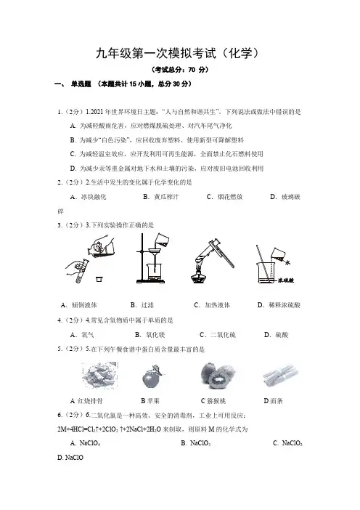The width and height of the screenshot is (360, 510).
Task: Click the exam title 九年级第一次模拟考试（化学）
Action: [177, 53]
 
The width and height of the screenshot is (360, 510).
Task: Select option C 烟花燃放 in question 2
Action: [224, 197]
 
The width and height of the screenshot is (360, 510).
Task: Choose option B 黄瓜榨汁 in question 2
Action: [161, 197]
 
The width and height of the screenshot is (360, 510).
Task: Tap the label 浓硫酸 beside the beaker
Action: [285, 280]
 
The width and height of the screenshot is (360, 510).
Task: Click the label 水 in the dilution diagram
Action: [288, 262]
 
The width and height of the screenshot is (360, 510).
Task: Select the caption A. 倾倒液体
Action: [79, 305]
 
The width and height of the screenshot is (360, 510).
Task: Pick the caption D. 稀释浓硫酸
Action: [279, 305]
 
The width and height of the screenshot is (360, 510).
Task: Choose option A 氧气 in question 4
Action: [82, 335]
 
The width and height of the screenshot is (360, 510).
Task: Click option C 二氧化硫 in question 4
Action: [218, 335]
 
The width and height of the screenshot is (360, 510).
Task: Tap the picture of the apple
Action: [152, 376]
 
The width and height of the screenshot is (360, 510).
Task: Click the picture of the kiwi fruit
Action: [217, 375]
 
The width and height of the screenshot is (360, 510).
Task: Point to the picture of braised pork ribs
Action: [99, 375]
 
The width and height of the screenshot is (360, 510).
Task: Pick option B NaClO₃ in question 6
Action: [195, 443]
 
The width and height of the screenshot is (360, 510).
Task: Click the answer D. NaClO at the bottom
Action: [70, 458]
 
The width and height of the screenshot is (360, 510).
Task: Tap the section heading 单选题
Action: [81, 84]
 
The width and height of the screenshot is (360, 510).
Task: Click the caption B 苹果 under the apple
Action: [150, 401]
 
